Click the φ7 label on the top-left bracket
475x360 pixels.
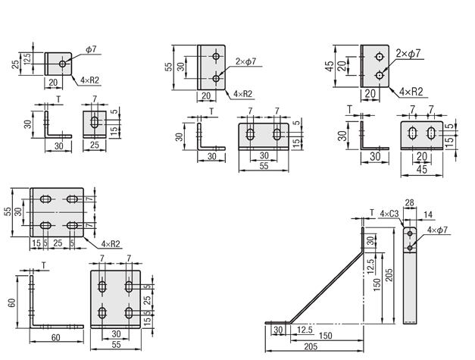pyautogui.click(x=90, y=49)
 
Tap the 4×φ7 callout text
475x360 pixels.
pyautogui.click(x=438, y=229)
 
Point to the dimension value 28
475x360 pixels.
pyautogui.click(x=410, y=203)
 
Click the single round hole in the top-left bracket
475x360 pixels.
pyautogui.click(x=62, y=64)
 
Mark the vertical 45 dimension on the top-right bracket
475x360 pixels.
pyautogui.click(x=330, y=66)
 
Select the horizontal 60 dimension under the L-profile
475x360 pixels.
pyautogui.click(x=56, y=337)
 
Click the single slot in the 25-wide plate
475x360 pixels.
pyautogui.click(x=93, y=122)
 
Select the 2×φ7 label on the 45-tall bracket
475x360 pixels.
pyautogui.click(x=408, y=54)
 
